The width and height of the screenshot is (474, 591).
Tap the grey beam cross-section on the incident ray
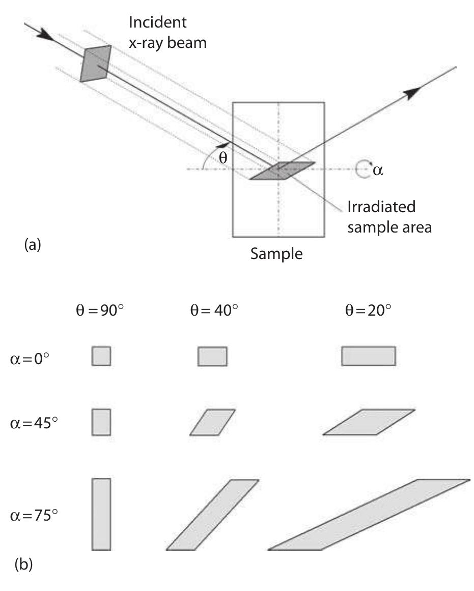[x=96, y=63]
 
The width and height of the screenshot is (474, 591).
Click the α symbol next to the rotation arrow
[x=377, y=170]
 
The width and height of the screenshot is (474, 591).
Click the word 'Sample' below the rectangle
[x=276, y=253]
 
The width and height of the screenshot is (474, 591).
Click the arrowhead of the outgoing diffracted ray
[x=413, y=92]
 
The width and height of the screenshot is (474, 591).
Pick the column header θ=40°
[x=211, y=311]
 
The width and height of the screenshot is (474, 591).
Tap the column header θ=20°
[x=368, y=311]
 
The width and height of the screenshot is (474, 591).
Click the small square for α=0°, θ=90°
[x=101, y=356]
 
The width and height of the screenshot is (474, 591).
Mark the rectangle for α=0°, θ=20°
[x=368, y=356]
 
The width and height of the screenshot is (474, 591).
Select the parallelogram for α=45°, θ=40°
[x=213, y=422]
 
